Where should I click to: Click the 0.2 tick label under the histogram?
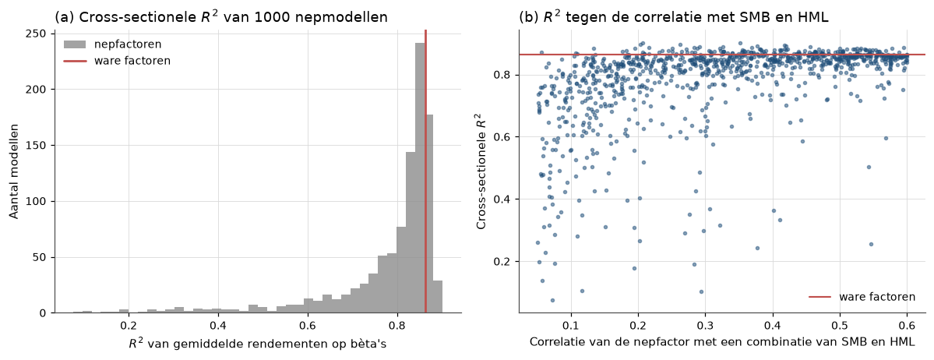(x=128, y=326)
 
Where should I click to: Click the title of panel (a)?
(x=221, y=17)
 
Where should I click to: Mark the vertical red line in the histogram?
(x=425, y=171)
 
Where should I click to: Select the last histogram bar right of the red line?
(x=437, y=297)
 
